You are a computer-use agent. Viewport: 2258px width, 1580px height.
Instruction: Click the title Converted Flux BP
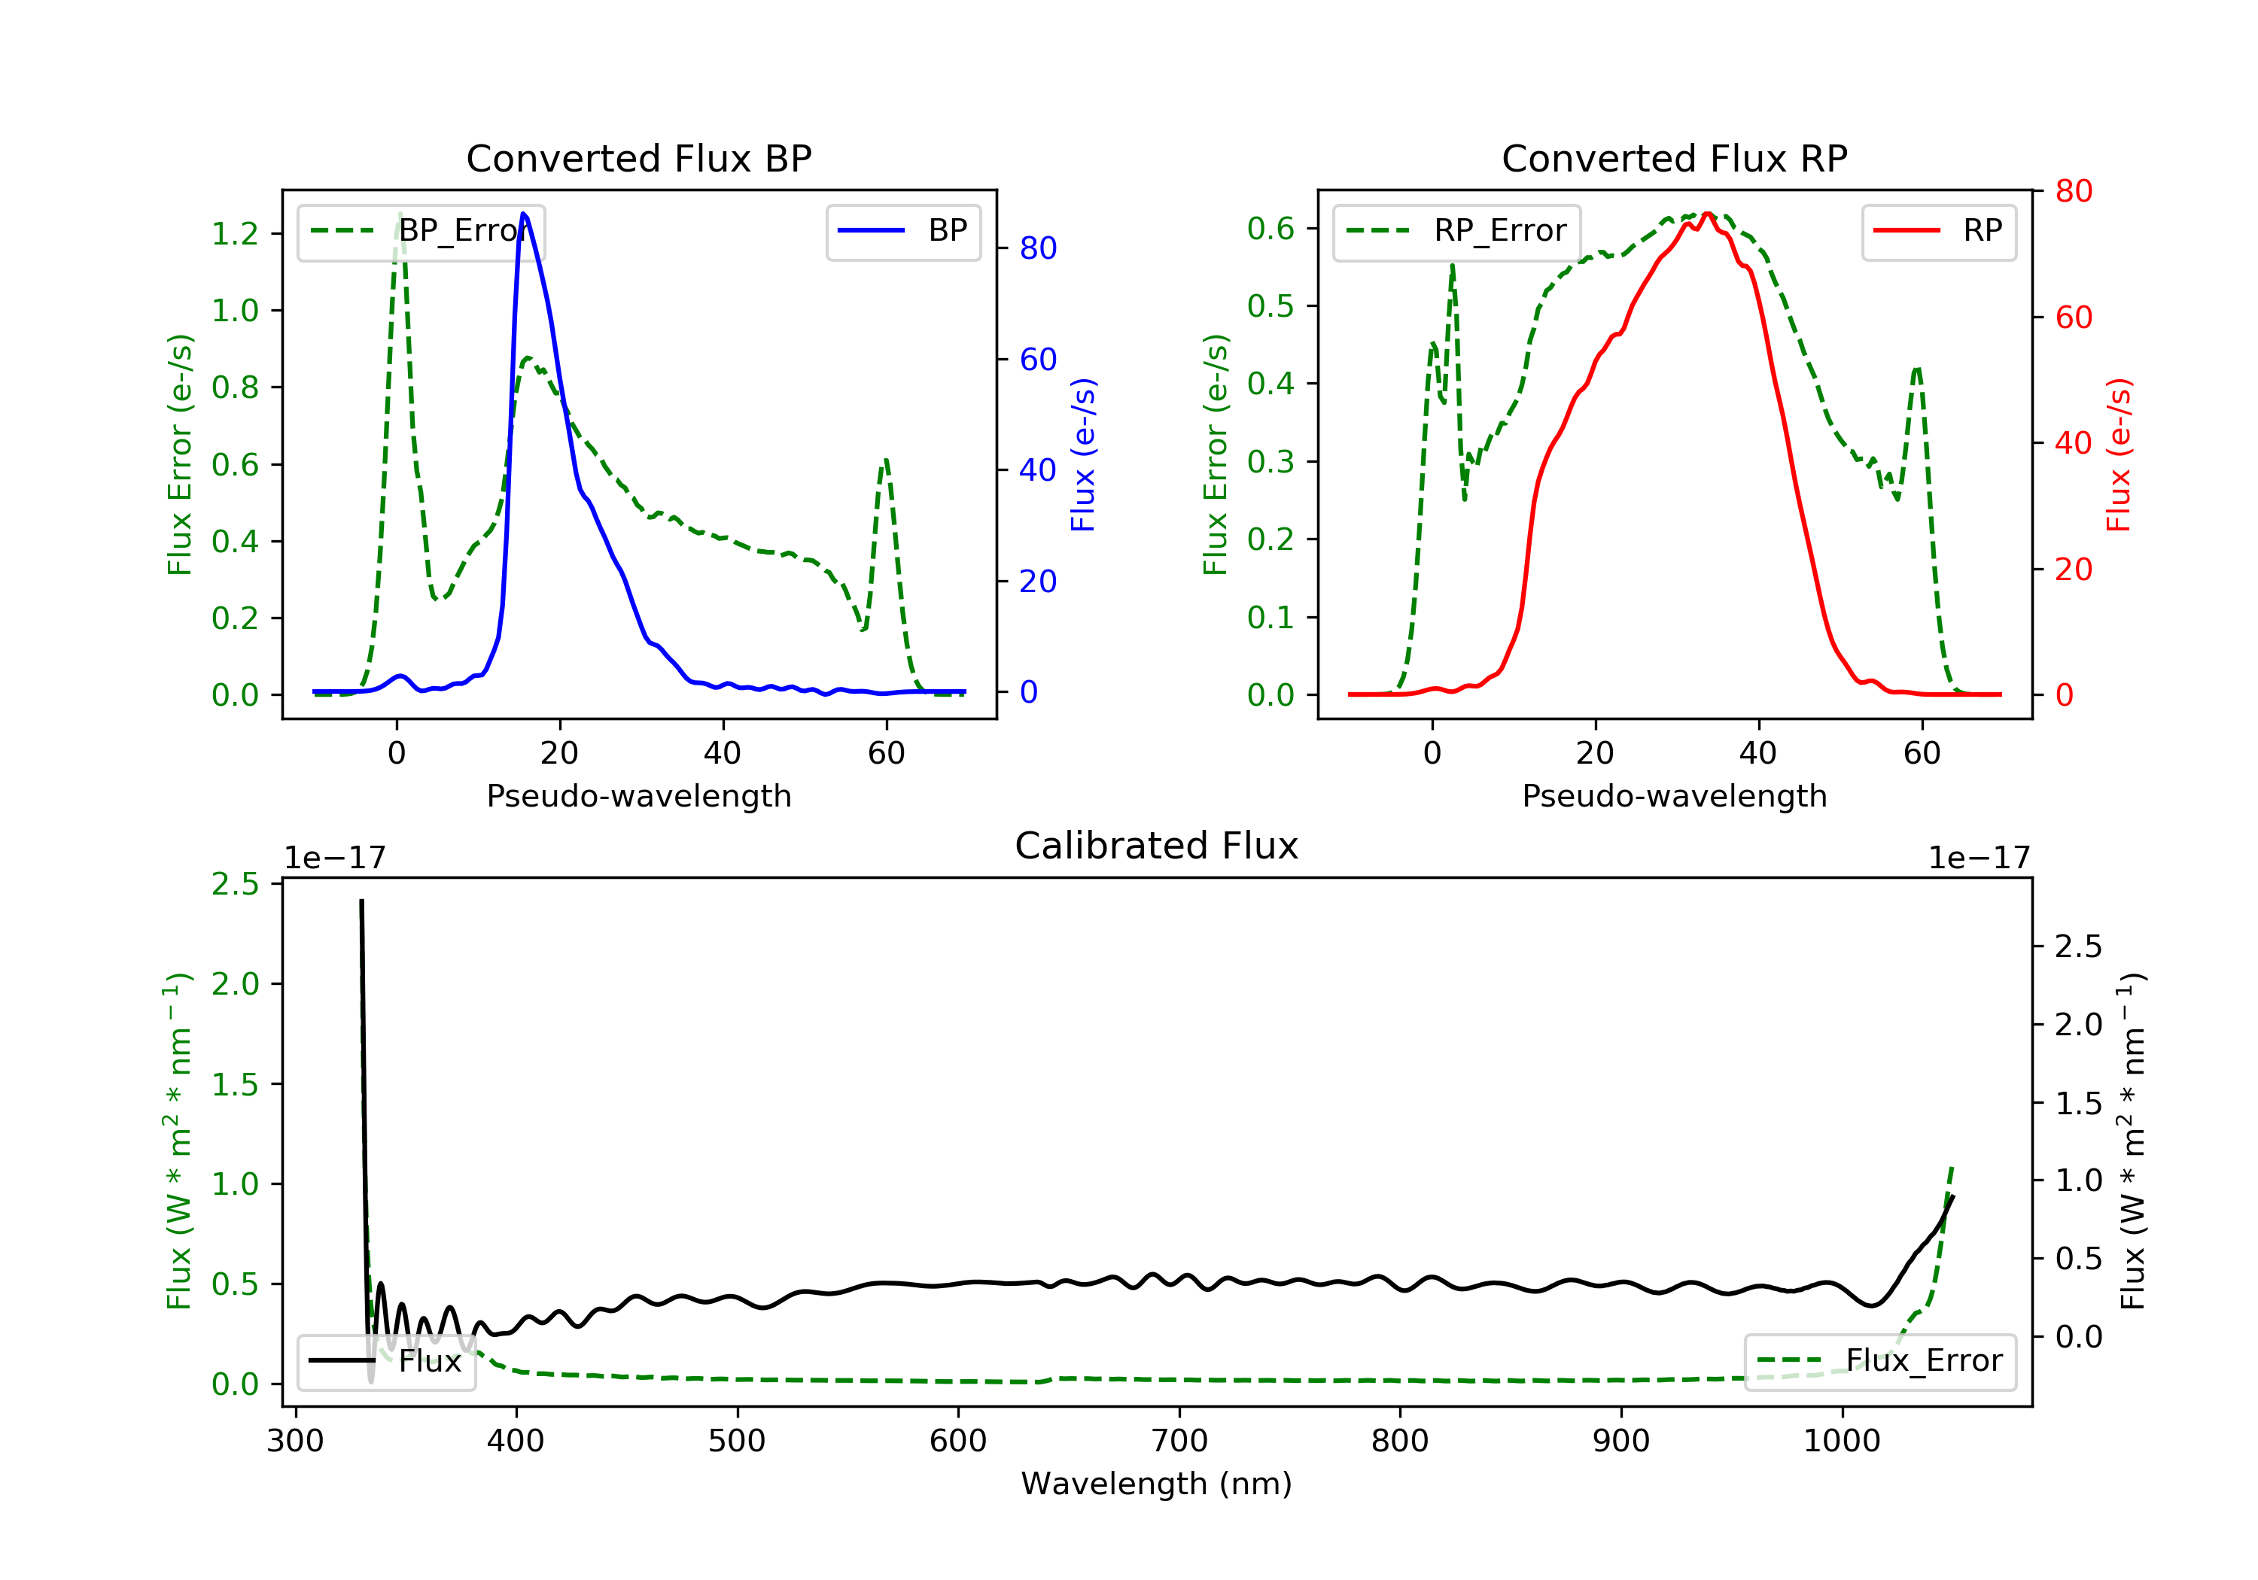click(638, 158)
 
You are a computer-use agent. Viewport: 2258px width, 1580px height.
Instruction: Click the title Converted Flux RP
click(1674, 158)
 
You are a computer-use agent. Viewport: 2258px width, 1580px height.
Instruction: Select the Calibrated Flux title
click(1157, 846)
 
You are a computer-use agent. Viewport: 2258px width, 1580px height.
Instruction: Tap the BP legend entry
click(902, 231)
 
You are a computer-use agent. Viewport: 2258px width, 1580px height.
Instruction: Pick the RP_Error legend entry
click(1456, 231)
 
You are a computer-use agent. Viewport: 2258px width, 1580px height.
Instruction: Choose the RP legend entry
click(1938, 231)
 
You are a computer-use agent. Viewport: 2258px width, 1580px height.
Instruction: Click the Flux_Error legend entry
click(1879, 1361)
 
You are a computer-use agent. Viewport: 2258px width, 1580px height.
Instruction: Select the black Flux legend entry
click(385, 1361)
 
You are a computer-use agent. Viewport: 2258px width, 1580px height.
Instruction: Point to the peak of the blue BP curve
click(523, 214)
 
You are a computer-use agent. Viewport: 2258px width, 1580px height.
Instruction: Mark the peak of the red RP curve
click(1707, 214)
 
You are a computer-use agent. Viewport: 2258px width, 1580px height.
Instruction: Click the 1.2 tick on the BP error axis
click(235, 234)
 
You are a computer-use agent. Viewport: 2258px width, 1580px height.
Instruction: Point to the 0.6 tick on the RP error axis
click(1271, 228)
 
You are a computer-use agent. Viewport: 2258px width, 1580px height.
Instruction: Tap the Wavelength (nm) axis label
click(1157, 1484)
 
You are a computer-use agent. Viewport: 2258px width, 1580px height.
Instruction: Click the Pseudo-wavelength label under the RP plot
click(1674, 795)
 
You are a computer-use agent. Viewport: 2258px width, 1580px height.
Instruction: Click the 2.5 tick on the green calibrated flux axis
click(235, 884)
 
